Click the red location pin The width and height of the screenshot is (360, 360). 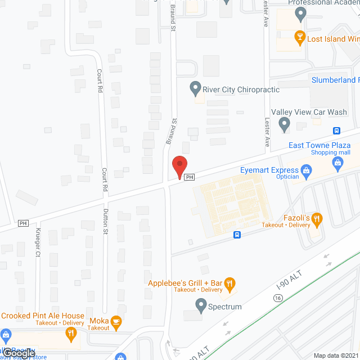tap(179, 167)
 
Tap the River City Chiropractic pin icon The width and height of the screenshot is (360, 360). tap(195, 88)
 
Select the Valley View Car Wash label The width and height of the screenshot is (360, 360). tap(309, 112)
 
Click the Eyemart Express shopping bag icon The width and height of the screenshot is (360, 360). tap(307, 170)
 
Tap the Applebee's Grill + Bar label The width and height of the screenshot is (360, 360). tap(186, 282)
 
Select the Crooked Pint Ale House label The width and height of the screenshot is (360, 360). tap(43, 316)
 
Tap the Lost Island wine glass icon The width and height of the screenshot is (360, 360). tap(300, 38)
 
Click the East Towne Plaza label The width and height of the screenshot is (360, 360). tap(319, 145)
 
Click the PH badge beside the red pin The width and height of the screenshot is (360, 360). tap(190, 177)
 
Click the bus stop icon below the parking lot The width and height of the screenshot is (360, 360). tap(238, 235)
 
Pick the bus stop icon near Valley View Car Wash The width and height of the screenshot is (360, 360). tap(336, 130)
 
